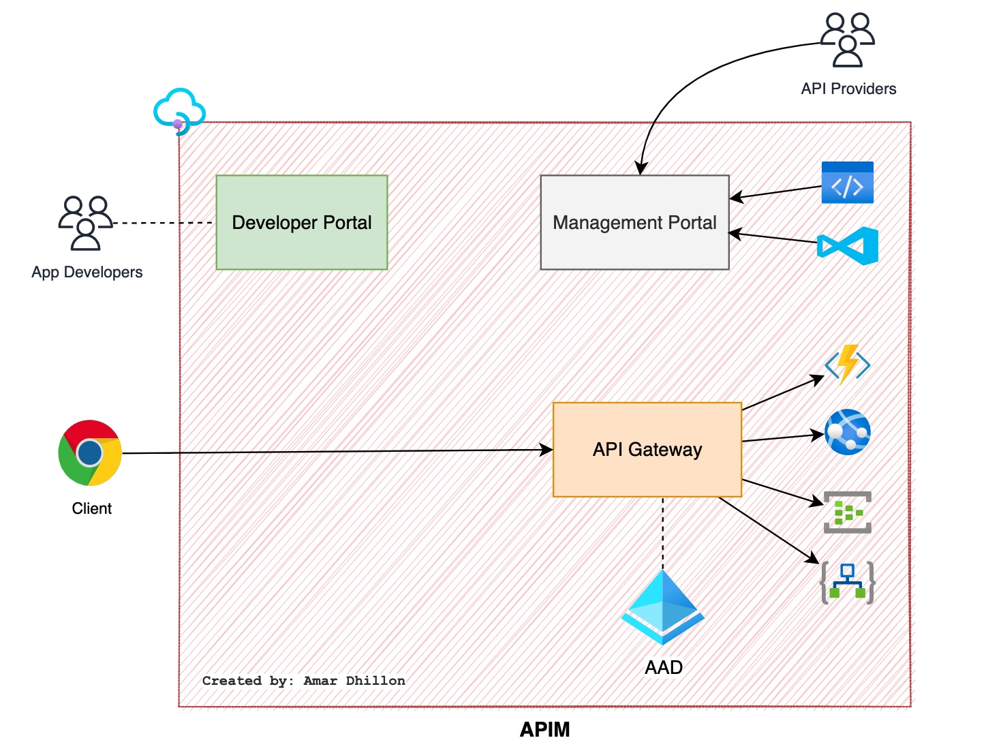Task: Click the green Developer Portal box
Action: tap(302, 222)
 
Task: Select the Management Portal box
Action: tap(634, 222)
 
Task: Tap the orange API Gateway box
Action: tap(647, 449)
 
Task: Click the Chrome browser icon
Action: tap(90, 452)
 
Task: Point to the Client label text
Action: tap(92, 508)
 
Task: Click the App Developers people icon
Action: tap(85, 223)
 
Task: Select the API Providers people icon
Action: tap(847, 40)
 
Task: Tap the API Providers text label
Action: tap(848, 89)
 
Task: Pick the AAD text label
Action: tap(664, 667)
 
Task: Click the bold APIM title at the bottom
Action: tap(544, 730)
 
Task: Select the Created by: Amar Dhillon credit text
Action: tap(303, 681)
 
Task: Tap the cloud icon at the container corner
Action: tap(179, 110)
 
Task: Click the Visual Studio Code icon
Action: tap(848, 245)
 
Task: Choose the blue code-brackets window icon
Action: tap(847, 183)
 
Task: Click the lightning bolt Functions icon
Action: tap(847, 365)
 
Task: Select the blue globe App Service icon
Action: tap(847, 432)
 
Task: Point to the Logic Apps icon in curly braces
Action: tap(847, 582)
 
